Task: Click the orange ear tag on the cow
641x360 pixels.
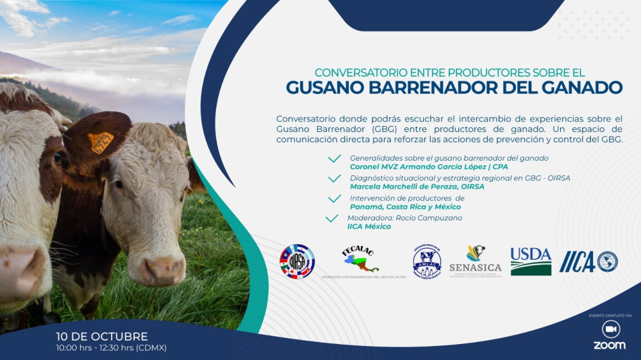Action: click(101, 142)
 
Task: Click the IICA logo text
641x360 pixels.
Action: click(577, 261)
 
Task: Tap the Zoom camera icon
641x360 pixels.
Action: click(610, 329)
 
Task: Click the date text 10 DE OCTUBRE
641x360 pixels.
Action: click(102, 336)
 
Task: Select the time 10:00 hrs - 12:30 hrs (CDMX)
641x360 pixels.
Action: click(112, 348)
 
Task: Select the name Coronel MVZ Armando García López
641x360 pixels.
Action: click(410, 167)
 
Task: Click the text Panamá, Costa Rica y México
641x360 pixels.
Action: click(405, 207)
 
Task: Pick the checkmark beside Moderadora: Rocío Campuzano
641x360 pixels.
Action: click(332, 218)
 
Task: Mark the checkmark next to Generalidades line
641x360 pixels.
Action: click(334, 159)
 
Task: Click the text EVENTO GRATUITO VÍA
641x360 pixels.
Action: click(610, 315)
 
